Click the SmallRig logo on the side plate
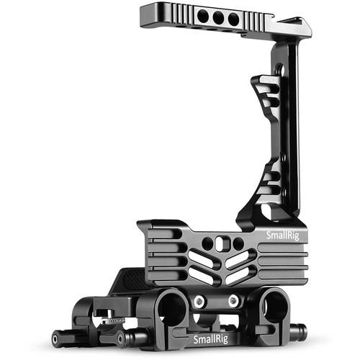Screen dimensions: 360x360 pyautogui.click(x=284, y=235)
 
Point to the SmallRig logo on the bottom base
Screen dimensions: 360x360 pyautogui.click(x=212, y=339)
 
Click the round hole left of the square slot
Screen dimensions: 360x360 pyautogui.click(x=208, y=243)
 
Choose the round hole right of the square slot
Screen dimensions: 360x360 pyautogui.click(x=238, y=243)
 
